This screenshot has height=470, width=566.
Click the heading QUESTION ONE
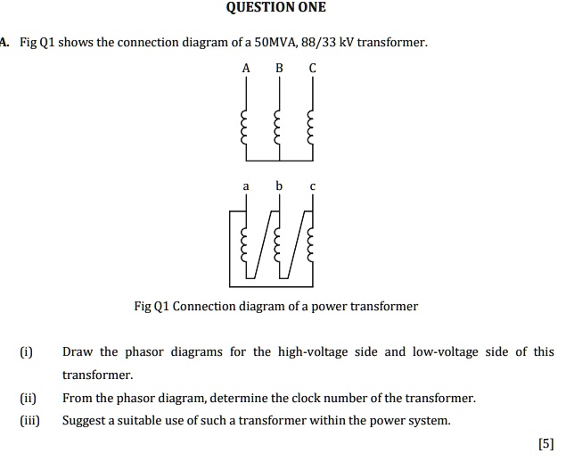click(x=276, y=8)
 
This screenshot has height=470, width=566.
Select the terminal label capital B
click(x=279, y=68)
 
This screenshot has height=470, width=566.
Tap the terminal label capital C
click(x=312, y=68)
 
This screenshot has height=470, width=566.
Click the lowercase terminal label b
click(x=279, y=186)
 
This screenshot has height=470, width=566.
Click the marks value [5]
click(x=546, y=443)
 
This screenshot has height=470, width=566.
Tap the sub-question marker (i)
click(x=25, y=352)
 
